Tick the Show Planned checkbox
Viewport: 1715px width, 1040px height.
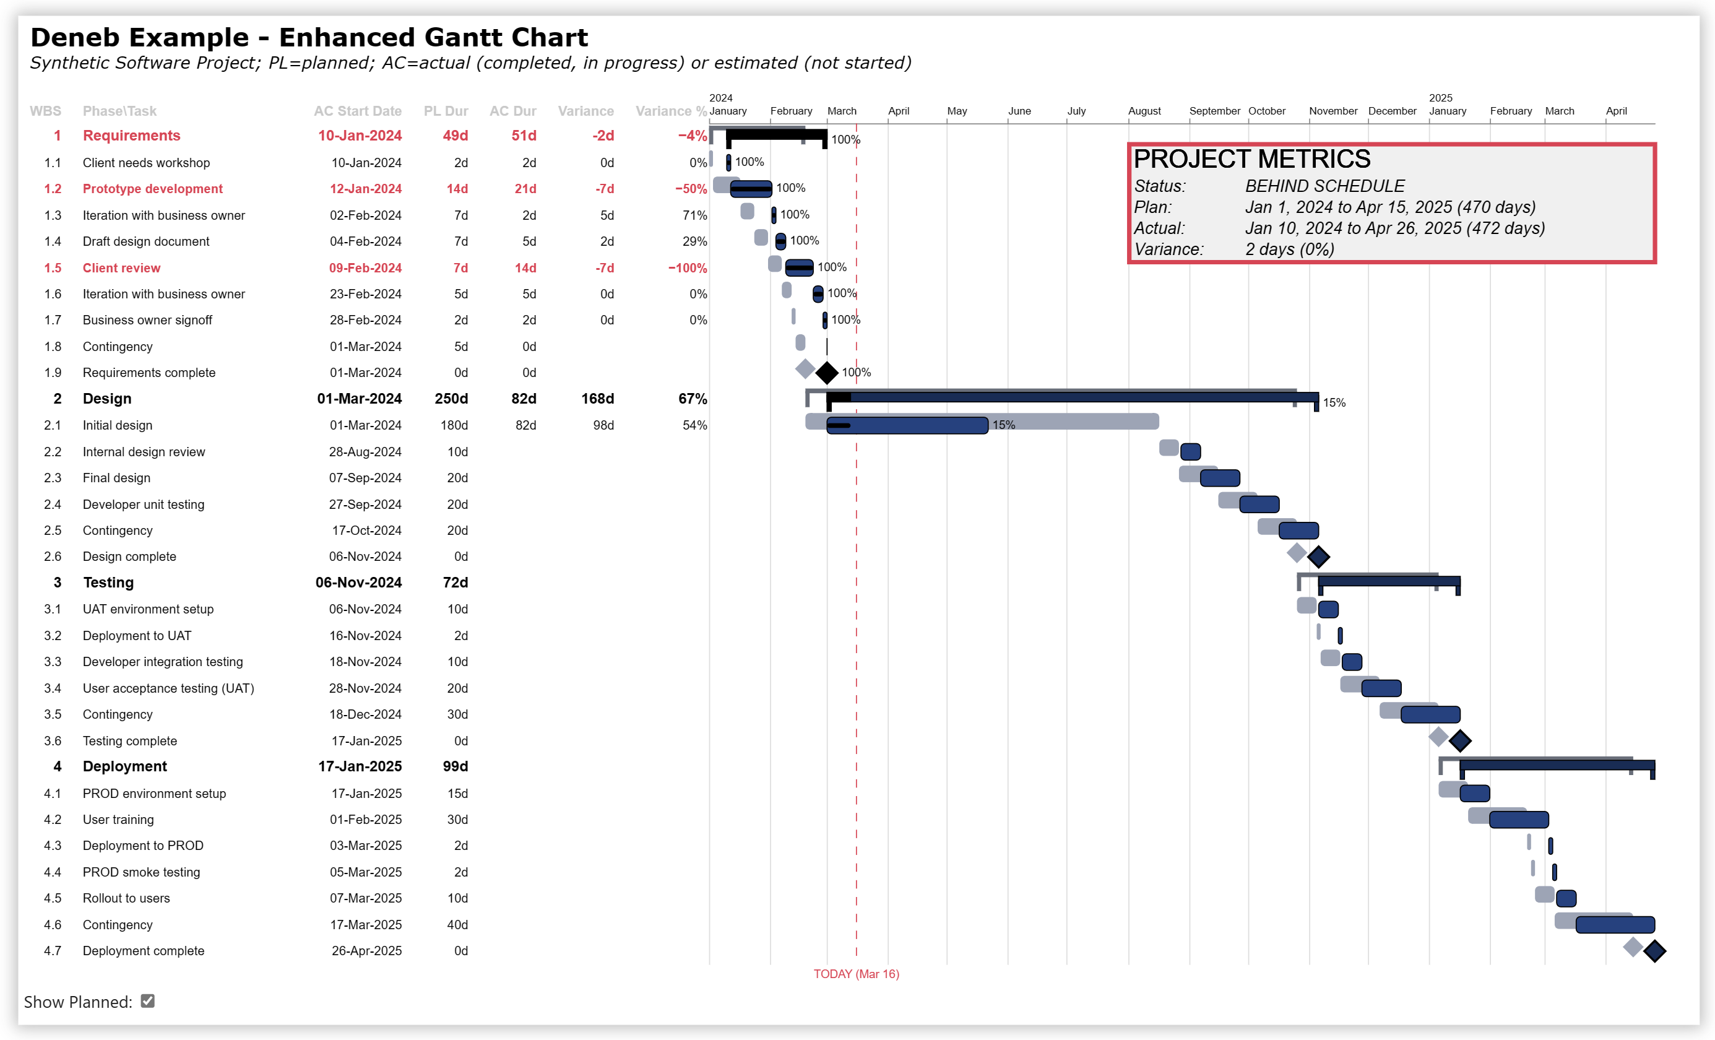pyautogui.click(x=147, y=1001)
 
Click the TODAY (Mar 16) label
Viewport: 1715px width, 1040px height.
pyautogui.click(x=855, y=974)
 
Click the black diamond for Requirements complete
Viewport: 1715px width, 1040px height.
pyautogui.click(x=826, y=373)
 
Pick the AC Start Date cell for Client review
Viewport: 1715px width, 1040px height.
pyautogui.click(x=365, y=268)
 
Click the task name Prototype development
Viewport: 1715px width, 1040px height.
pyautogui.click(x=152, y=189)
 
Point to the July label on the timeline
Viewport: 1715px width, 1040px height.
pyautogui.click(x=1076, y=111)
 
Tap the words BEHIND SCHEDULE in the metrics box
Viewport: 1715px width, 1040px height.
pyautogui.click(x=1324, y=186)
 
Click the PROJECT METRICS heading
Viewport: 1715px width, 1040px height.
pyautogui.click(x=1251, y=160)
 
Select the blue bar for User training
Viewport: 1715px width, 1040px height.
pyautogui.click(x=1518, y=820)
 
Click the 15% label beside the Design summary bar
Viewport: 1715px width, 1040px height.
pyautogui.click(x=1334, y=403)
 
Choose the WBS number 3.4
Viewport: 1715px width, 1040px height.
pyautogui.click(x=53, y=688)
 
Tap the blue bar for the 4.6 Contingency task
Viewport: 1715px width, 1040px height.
pyautogui.click(x=1615, y=925)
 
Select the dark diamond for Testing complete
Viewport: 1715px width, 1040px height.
pyautogui.click(x=1459, y=742)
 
